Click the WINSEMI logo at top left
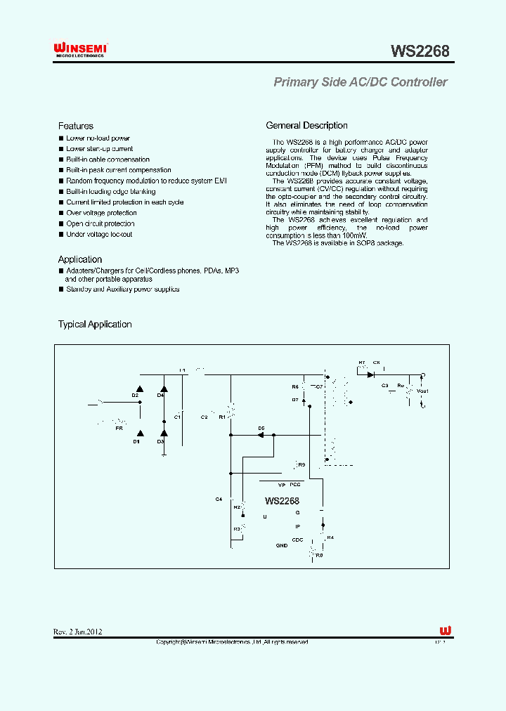click(80, 49)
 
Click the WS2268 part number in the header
click(420, 51)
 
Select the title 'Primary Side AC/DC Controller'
click(360, 82)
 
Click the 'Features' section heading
click(76, 126)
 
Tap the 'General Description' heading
click(306, 126)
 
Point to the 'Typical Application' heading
click(95, 325)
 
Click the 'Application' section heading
click(80, 259)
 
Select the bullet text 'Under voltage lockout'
click(99, 235)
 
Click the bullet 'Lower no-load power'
click(98, 138)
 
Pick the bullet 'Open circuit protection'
click(100, 224)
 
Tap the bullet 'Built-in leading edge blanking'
click(111, 192)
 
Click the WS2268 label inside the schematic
click(282, 501)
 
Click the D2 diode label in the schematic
click(135, 396)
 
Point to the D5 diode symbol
click(261, 435)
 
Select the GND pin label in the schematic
click(281, 546)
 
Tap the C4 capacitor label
click(219, 499)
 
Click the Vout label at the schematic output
click(422, 391)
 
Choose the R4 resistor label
click(330, 537)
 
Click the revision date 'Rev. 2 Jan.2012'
click(78, 632)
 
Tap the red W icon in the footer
click(445, 630)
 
